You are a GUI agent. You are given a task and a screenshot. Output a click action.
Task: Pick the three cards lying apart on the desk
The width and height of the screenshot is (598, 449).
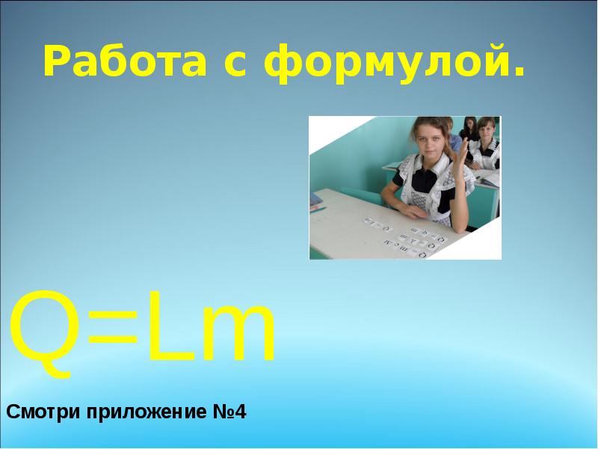coord(376,222)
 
